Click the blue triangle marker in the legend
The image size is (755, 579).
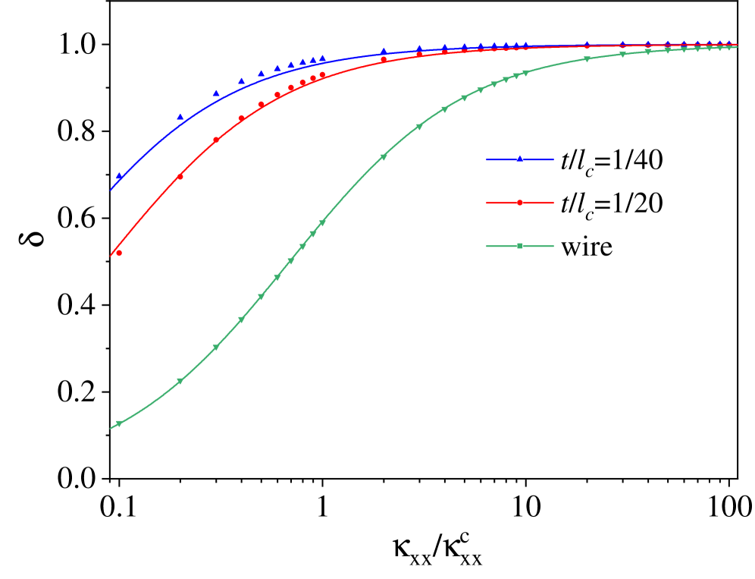pyautogui.click(x=520, y=159)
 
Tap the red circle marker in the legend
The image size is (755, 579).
pyautogui.click(x=520, y=203)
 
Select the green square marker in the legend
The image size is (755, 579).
pyautogui.click(x=520, y=246)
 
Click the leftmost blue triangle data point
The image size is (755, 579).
pyautogui.click(x=119, y=176)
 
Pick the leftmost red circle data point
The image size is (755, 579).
pyautogui.click(x=119, y=253)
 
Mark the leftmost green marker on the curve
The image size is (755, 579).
pyautogui.click(x=119, y=423)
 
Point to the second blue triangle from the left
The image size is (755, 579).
pyautogui.click(x=180, y=117)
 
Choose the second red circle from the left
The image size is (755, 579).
pyautogui.click(x=180, y=177)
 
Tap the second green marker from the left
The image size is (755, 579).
pyautogui.click(x=180, y=381)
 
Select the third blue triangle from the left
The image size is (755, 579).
pyautogui.click(x=216, y=93)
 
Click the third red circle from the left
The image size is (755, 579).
pyautogui.click(x=216, y=140)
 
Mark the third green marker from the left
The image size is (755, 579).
pyautogui.click(x=216, y=348)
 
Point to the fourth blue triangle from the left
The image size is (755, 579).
pyautogui.click(x=242, y=80)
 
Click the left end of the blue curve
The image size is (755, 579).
pyautogui.click(x=111, y=190)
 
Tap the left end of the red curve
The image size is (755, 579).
pyautogui.click(x=111, y=256)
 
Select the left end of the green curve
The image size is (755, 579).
pyautogui.click(x=111, y=429)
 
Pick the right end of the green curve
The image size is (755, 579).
pyautogui.click(x=738, y=47)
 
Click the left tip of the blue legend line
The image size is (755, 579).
pyautogui.click(x=487, y=159)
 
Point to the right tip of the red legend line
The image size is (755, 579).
pyautogui.click(x=553, y=203)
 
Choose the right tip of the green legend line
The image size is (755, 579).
pyautogui.click(x=553, y=246)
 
